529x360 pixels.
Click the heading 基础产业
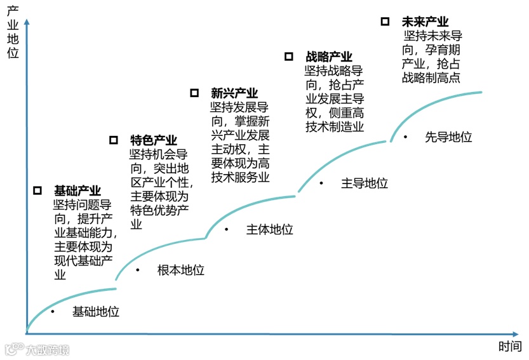point(77,190)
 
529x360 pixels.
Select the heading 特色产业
point(154,140)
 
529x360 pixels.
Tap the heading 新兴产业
point(234,94)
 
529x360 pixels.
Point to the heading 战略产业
point(328,57)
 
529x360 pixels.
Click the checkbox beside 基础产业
point(38,190)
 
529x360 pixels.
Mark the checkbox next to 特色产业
point(114,140)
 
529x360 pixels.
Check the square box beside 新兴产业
point(194,93)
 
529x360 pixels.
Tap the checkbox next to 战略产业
point(289,57)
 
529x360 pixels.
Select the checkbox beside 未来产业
point(385,22)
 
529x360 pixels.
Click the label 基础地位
point(95,312)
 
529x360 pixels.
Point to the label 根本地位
point(180,270)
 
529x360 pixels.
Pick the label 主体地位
point(269,230)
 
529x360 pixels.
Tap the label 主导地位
point(364,183)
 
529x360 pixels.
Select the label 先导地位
point(448,137)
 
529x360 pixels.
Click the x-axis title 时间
point(509,347)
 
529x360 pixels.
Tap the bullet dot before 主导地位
point(321,183)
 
